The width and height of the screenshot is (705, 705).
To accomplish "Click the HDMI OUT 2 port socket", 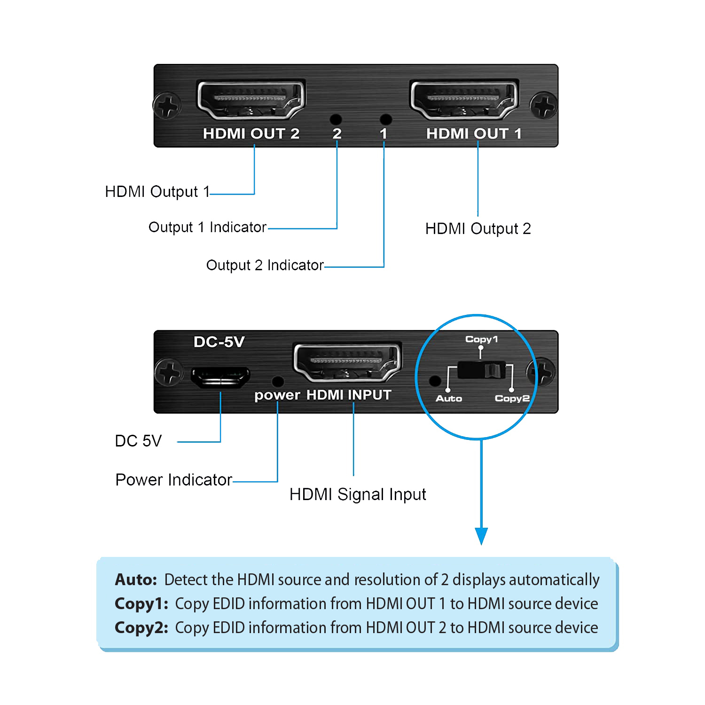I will (x=251, y=100).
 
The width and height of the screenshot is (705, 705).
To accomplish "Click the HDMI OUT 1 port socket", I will (x=464, y=100).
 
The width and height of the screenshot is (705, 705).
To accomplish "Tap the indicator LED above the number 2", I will (x=336, y=119).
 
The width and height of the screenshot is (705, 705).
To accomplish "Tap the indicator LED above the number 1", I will (x=385, y=119).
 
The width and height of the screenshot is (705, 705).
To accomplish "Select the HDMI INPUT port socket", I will (x=347, y=362).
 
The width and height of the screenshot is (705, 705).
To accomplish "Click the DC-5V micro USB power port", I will (x=220, y=377).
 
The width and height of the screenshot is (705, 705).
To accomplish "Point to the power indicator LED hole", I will (x=278, y=381).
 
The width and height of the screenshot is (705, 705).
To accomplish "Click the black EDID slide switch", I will (x=481, y=370).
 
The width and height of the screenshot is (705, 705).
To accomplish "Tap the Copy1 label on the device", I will (x=481, y=339).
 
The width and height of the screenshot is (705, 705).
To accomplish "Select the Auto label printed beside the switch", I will (x=449, y=399).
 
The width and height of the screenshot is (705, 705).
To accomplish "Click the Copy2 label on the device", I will (x=512, y=399).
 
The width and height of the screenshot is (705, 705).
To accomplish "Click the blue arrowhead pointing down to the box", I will (x=481, y=535).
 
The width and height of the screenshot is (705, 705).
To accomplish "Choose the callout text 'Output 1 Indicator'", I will (x=207, y=227).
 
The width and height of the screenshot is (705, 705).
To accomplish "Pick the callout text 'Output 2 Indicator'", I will (x=265, y=266).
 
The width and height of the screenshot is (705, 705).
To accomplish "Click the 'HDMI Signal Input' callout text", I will (x=358, y=494).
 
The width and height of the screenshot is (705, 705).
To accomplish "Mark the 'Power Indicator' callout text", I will (x=173, y=480).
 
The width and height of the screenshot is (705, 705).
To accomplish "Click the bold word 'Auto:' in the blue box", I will (x=136, y=580).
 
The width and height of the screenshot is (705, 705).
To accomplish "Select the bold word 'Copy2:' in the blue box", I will (x=141, y=628).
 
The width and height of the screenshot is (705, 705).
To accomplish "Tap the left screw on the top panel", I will (x=167, y=106).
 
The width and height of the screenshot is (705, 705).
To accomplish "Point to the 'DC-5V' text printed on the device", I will (x=219, y=342).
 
